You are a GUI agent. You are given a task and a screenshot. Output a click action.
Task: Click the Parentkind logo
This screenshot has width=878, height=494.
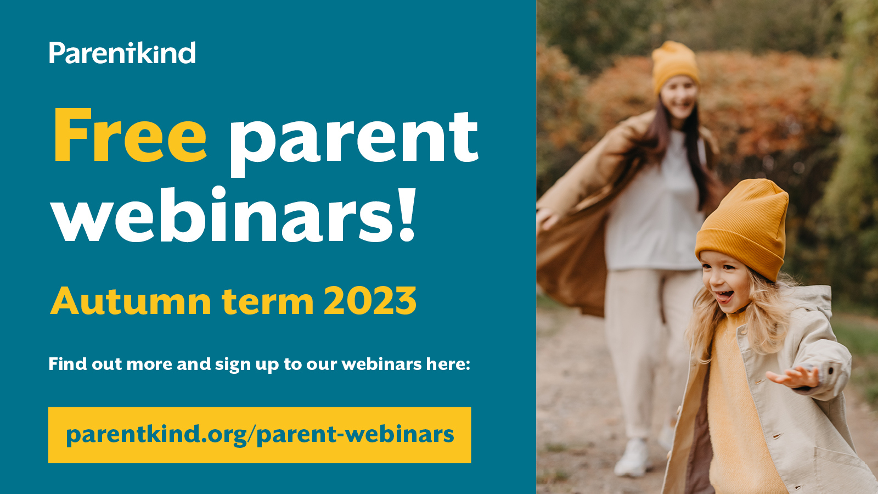122,53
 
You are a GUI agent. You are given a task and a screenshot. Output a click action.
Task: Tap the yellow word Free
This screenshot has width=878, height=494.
130,136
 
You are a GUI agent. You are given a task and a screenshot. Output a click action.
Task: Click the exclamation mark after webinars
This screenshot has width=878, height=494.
407,215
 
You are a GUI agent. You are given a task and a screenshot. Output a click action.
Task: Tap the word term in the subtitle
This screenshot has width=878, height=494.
267,301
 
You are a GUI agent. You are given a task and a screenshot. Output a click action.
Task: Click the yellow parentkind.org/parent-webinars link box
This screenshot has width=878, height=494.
260,435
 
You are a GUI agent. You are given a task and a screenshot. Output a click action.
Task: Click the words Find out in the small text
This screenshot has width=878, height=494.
85,364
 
